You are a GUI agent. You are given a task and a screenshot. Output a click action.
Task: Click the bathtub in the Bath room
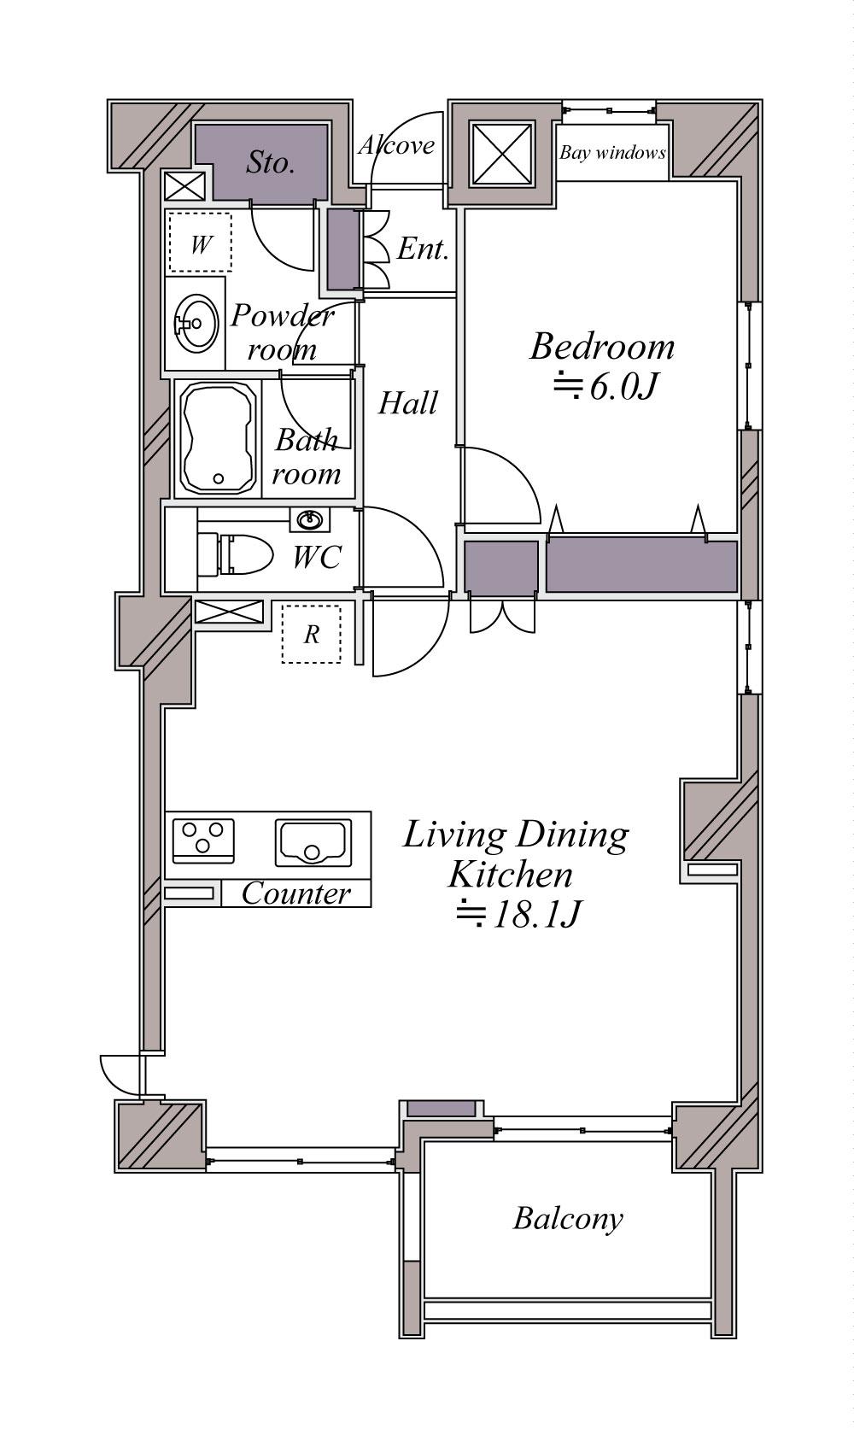pos(218,439)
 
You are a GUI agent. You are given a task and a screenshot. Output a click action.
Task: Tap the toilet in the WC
pos(235,553)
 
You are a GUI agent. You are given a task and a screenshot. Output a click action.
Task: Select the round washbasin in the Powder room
pos(196,324)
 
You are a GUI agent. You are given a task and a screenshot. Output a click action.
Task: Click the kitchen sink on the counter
pos(313,843)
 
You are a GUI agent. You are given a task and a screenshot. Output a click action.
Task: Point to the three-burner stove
pos(203,840)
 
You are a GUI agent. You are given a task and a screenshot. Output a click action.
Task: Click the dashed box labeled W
pos(201,243)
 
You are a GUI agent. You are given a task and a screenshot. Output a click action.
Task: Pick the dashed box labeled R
pos(311,634)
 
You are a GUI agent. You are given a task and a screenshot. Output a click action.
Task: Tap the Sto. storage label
pos(271,163)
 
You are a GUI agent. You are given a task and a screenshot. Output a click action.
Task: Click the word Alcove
pos(397,145)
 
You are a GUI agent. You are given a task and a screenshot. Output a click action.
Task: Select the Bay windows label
pos(612,153)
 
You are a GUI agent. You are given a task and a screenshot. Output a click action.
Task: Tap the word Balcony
pos(568,1219)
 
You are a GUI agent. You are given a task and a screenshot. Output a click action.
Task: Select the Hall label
pos(408,403)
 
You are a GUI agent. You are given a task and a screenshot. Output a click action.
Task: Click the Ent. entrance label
pos(423,249)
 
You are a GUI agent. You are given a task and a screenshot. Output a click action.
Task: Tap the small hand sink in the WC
pos(311,520)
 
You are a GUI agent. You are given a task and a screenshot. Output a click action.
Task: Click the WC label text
pos(317,557)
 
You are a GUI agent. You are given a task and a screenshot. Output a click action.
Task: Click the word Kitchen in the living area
pos(510,875)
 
